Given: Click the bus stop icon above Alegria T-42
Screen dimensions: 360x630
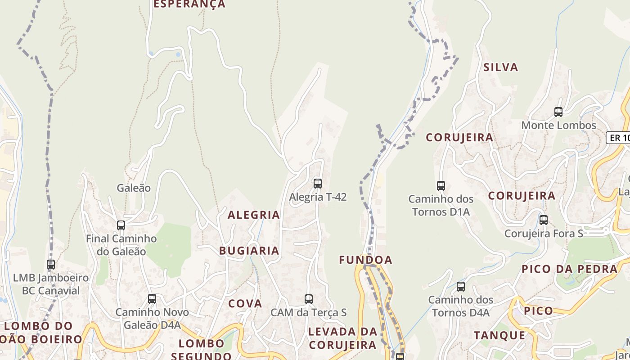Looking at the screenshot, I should pos(318,183).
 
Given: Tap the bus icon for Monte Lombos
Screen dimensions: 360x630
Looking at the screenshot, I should pos(558,112).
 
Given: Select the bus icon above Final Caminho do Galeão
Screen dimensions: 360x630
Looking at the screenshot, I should pos(121,225).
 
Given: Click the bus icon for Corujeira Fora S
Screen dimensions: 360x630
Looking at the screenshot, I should pos(544,220).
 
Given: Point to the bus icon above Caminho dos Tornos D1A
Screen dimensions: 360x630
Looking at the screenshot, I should pos(441,185).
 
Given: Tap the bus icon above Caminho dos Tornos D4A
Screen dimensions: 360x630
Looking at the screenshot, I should pos(461,286).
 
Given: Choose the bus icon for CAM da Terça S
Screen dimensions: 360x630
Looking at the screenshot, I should pos(309,299).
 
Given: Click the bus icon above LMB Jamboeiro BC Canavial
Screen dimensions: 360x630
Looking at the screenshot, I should pos(51,265).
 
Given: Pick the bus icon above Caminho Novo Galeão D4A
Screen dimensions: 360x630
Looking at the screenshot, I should pos(152,298).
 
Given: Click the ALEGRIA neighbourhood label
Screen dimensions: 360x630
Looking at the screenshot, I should pos(254,215).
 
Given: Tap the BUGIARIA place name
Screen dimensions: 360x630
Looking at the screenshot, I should pos(249,251).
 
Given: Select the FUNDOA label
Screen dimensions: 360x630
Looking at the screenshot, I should pos(365,260).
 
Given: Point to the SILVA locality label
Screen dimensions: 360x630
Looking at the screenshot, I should pos(501,67).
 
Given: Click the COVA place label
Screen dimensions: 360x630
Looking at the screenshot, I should pos(245,304).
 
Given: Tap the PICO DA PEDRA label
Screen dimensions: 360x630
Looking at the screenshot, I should pos(569,269).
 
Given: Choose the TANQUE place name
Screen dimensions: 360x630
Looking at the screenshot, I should pos(499,335).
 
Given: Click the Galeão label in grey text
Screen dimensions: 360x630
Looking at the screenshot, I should pos(134,188).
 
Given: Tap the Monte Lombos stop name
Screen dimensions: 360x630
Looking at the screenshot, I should pos(558,126).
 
